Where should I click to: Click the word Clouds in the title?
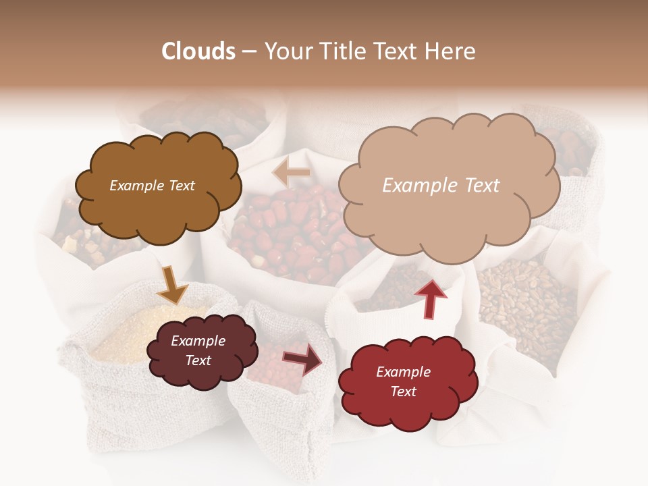tap(198, 51)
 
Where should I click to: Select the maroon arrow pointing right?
tap(302, 358)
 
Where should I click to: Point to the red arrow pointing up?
tap(431, 297)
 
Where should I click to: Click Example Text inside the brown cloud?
tap(152, 186)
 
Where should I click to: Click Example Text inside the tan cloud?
tap(441, 186)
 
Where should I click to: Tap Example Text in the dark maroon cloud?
tap(198, 350)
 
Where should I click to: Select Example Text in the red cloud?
tap(403, 381)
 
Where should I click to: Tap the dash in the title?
tap(249, 51)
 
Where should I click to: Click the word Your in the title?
tap(287, 51)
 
